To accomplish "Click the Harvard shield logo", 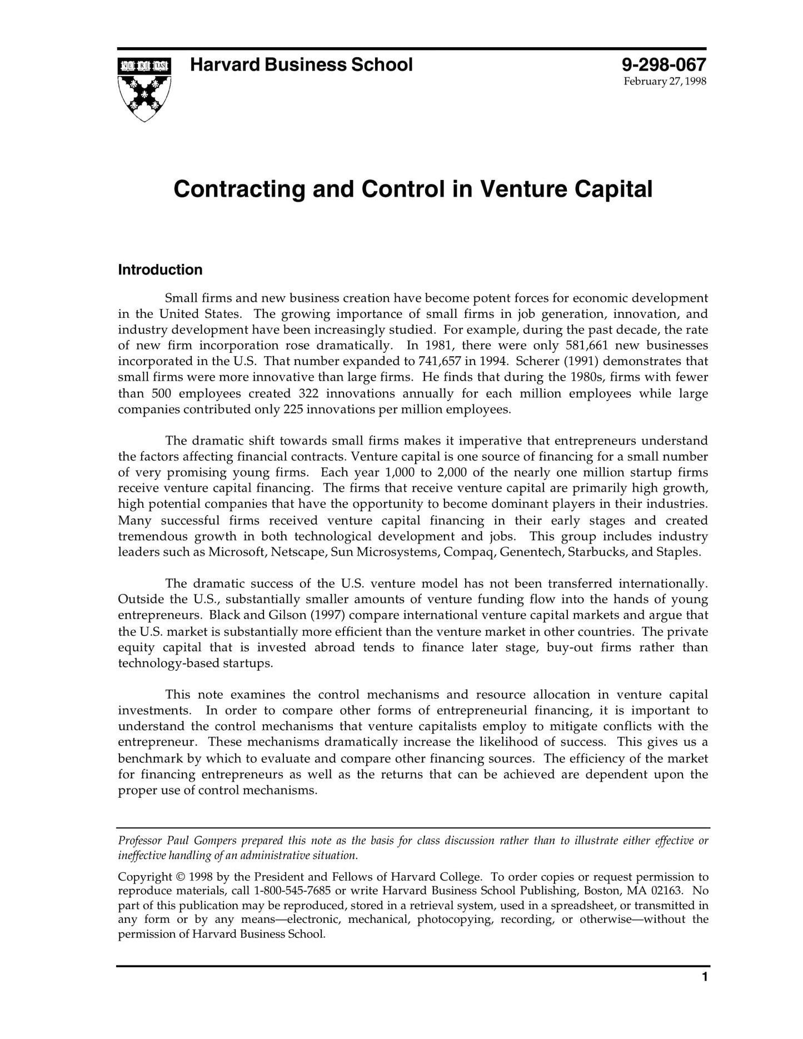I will click(x=144, y=89).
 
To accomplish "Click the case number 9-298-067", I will click(x=664, y=65).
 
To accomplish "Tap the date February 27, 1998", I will click(x=665, y=82).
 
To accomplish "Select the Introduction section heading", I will click(x=160, y=270).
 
